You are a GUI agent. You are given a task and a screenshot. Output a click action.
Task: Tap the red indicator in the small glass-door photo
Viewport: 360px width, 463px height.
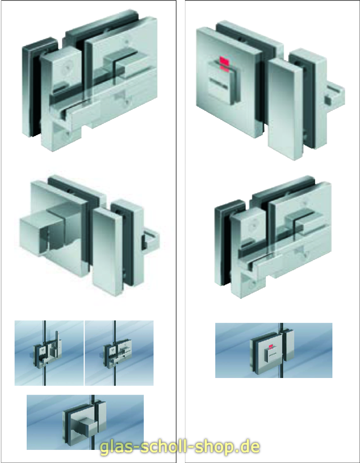[x=270, y=347]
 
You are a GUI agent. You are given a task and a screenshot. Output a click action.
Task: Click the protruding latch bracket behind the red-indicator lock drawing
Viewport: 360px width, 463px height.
[x=334, y=95]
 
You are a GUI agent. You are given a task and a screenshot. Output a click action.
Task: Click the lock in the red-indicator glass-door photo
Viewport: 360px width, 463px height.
[x=272, y=351]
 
